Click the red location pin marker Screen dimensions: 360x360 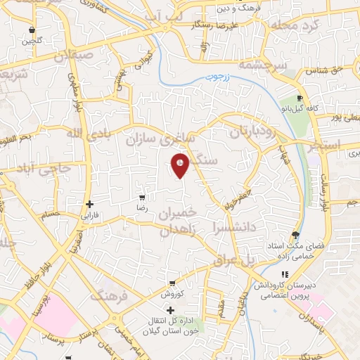[181, 165]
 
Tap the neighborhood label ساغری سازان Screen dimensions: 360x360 [160, 139]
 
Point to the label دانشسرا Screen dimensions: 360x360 [234, 226]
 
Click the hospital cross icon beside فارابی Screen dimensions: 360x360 [89, 205]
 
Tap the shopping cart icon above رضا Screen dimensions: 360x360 [142, 198]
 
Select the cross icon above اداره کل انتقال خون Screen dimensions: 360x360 [170, 309]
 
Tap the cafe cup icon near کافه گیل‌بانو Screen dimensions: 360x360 [300, 98]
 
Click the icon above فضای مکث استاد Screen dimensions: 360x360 [295, 235]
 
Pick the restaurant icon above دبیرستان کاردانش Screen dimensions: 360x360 [285, 275]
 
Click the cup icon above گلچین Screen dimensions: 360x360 [32, 30]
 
